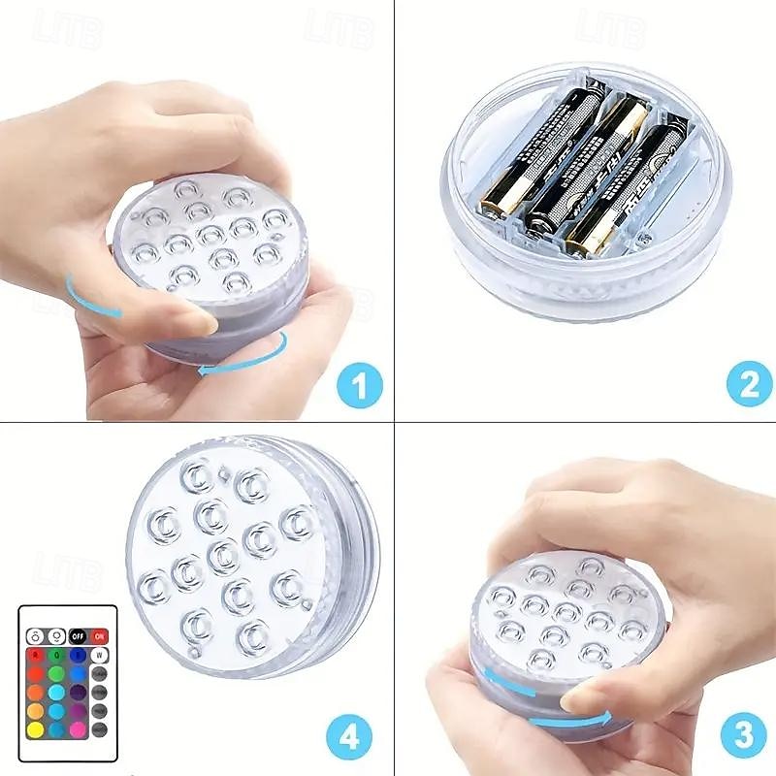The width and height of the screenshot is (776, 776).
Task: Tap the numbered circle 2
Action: click(749, 387)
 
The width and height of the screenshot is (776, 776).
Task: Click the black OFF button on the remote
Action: click(78, 636)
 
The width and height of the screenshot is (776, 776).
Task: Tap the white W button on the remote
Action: click(99, 655)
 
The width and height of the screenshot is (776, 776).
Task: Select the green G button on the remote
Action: click(56, 655)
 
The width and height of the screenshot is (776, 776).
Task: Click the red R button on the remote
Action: click(35, 655)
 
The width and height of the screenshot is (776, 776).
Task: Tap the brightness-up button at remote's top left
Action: click(35, 636)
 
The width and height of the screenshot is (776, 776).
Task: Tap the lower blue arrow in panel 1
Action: click(242, 354)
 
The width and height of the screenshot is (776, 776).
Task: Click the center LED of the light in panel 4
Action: click(222, 555)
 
